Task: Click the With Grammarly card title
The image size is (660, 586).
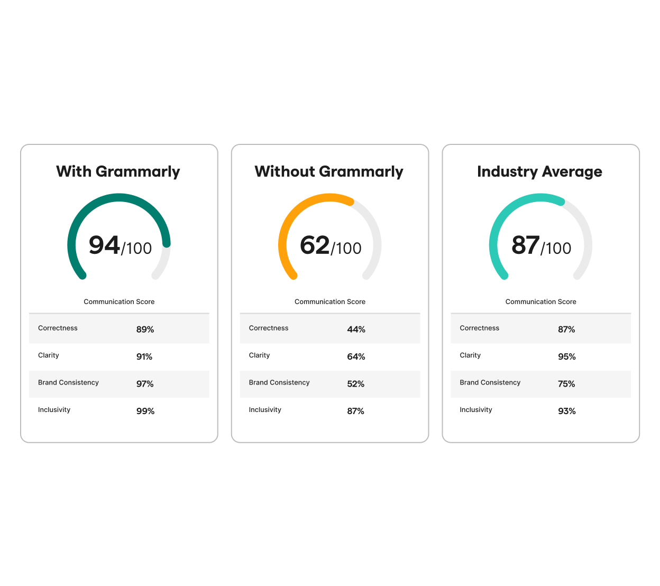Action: pyautogui.click(x=118, y=172)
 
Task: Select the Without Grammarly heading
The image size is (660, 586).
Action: pyautogui.click(x=329, y=172)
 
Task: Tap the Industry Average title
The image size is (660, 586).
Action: pyautogui.click(x=539, y=172)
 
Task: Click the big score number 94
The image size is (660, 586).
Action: pyautogui.click(x=104, y=245)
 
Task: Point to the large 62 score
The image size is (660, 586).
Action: pyautogui.click(x=315, y=245)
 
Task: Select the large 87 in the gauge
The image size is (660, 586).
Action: pyautogui.click(x=525, y=245)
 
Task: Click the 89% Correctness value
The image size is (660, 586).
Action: pyautogui.click(x=145, y=329)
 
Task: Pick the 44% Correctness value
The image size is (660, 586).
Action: pyautogui.click(x=356, y=329)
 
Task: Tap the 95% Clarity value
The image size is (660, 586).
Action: pyautogui.click(x=566, y=357)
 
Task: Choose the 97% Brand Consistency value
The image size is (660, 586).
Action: pyautogui.click(x=145, y=384)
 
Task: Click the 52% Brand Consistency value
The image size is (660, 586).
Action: pyautogui.click(x=355, y=384)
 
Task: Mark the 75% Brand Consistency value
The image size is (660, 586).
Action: pyautogui.click(x=566, y=384)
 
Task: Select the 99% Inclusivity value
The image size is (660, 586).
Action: pyautogui.click(x=145, y=411)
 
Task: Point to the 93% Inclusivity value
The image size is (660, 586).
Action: pyautogui.click(x=566, y=411)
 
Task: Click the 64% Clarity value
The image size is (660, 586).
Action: pyautogui.click(x=356, y=357)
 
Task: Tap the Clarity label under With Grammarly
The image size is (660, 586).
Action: pyautogui.click(x=49, y=355)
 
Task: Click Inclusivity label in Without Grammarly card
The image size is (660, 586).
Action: pyautogui.click(x=265, y=410)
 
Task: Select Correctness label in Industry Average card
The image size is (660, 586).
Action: pyautogui.click(x=479, y=328)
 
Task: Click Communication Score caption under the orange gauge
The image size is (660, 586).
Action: pyautogui.click(x=330, y=302)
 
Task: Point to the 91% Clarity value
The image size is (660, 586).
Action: pyautogui.click(x=144, y=357)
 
